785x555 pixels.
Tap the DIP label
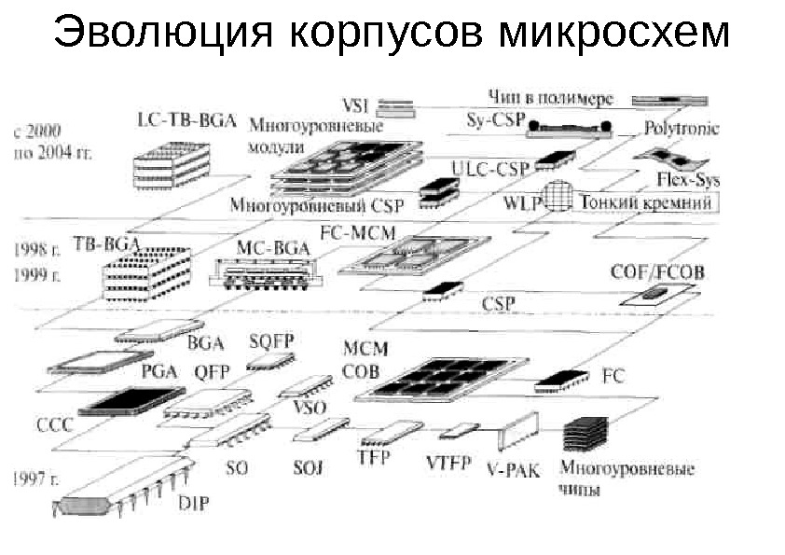click(194, 504)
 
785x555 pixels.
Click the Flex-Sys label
click(687, 177)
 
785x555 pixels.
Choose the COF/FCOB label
click(658, 272)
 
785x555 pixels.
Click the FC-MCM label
click(358, 230)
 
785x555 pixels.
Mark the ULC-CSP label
click(489, 168)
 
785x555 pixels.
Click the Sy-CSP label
click(495, 121)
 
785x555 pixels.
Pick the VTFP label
click(450, 462)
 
